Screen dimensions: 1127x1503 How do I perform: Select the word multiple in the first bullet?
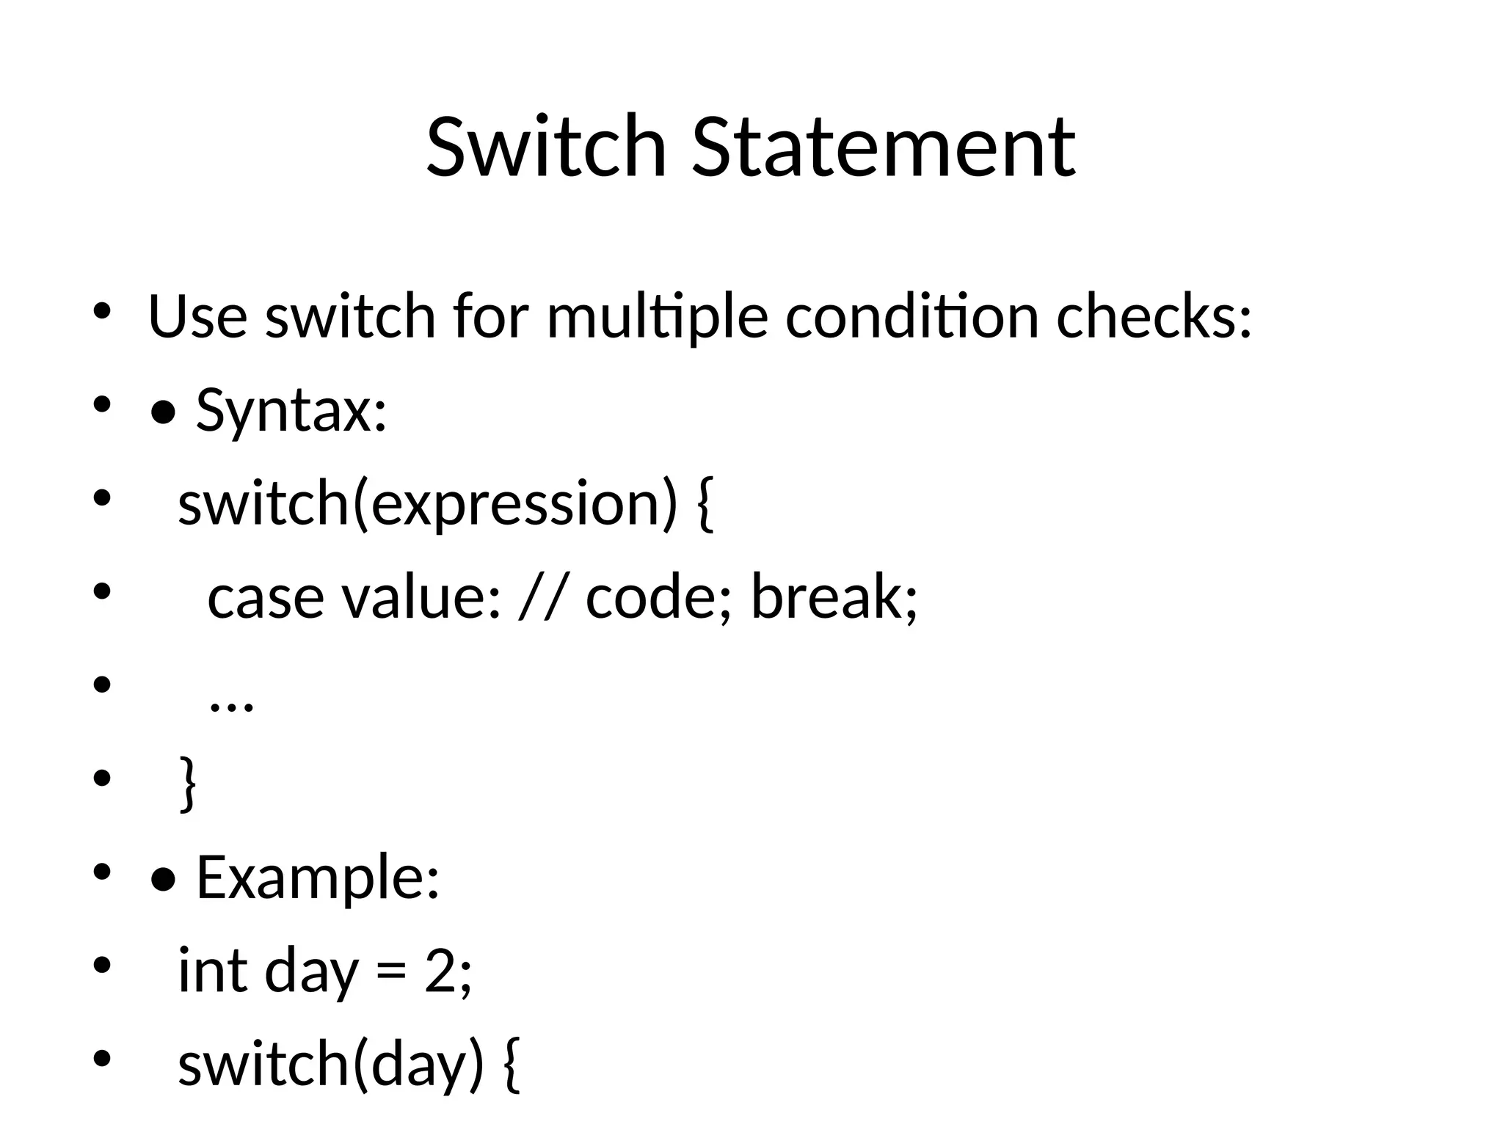point(658,317)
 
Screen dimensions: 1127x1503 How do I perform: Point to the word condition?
point(912,317)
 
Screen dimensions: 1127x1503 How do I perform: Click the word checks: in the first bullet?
point(1154,317)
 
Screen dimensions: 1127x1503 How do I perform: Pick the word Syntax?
point(291,411)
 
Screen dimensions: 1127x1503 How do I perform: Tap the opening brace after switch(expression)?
point(702,505)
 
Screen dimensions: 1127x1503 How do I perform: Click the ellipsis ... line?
point(231,704)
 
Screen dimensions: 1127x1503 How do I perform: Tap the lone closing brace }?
point(188,785)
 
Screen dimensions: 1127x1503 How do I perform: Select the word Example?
point(318,878)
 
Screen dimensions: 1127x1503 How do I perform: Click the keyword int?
point(213,971)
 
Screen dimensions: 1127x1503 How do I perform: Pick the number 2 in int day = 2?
point(440,971)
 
